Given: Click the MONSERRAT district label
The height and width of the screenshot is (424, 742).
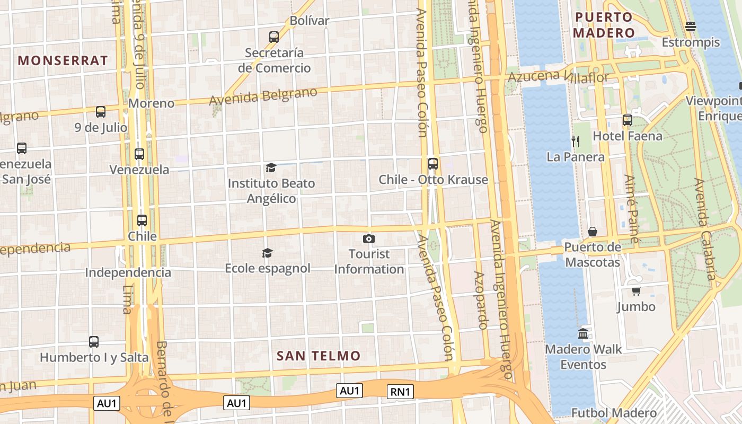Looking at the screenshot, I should pos(63,60).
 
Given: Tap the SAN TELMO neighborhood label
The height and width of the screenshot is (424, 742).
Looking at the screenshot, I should pos(319,356).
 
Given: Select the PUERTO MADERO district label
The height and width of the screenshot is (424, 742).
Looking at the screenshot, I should pos(605,25).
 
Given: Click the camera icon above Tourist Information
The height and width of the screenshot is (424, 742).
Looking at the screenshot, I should pos(369,239).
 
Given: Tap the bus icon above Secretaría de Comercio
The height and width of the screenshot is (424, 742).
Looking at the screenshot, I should pos(274,37).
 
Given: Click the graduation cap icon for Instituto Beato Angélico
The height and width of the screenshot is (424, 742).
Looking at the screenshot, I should pos(271,168).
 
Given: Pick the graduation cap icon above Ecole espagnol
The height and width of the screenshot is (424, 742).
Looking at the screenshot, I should pos(267,253).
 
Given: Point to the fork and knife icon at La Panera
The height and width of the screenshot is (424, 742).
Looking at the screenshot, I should pos(576,141).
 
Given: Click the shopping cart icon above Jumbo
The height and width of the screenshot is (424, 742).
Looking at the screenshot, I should pos(636,291).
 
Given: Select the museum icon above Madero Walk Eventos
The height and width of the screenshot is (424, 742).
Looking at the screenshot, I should pos(583,334).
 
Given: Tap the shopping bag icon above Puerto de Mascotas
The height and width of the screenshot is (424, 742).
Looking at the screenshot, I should pos(593,232).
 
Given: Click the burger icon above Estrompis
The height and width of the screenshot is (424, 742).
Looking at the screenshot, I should pos(691,26).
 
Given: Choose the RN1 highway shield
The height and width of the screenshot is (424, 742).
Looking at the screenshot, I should pos(400,392).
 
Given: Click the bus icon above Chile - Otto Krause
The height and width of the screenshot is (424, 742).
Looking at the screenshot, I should pos(433,164).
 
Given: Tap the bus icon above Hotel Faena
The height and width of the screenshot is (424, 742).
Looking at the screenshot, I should pos(628,120).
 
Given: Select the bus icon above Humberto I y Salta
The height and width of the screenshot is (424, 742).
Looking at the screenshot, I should pos(94,342).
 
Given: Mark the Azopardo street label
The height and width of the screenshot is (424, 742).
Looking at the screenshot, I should pos(480,301).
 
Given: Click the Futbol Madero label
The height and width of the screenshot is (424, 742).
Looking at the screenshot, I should pos(614,413).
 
